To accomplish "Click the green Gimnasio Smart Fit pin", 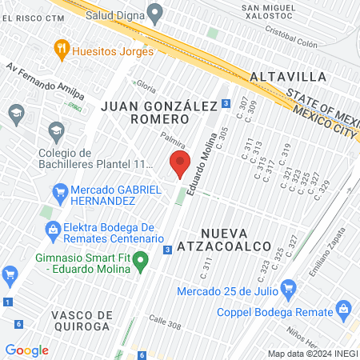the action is (141, 259).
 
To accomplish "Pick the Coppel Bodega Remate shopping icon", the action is (344, 308).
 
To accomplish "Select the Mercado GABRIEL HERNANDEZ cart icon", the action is (59, 192).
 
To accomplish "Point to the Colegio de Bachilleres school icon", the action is (56, 130).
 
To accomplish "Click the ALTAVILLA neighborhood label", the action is (287, 77).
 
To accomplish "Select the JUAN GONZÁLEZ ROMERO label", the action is (147, 112).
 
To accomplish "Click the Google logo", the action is (26, 350).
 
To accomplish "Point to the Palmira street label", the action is (173, 141).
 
